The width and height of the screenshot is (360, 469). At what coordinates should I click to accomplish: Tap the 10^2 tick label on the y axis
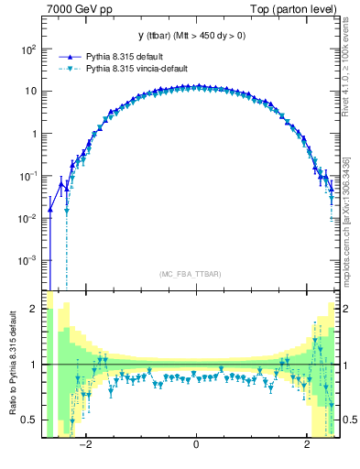[x=29, y=49]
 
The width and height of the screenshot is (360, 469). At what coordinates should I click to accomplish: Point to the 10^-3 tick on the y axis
[x=27, y=260]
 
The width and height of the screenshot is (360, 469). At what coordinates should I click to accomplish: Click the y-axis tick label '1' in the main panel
[x=34, y=134]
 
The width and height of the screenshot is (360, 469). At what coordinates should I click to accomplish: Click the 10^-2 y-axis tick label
[x=27, y=218]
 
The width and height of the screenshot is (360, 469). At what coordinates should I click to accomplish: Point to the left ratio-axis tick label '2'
[x=34, y=310]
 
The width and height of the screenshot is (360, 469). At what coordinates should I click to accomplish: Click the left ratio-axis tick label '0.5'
[x=29, y=420]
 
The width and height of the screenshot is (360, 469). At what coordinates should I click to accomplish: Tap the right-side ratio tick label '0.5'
[x=349, y=420]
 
